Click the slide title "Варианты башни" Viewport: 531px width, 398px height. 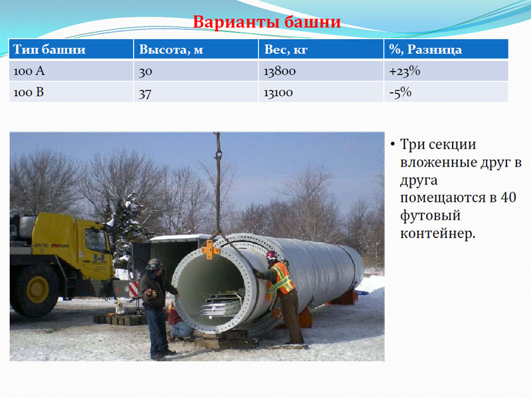pos(267,22)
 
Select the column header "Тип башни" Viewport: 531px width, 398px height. pos(49,49)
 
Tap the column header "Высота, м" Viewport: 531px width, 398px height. pos(171,50)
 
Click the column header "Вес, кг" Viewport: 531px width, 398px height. pos(285,50)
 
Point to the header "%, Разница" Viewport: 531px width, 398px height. pos(425,50)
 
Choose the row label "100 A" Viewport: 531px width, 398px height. pos(29,71)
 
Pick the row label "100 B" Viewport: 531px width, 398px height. pos(29,92)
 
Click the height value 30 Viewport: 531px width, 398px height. pos(145,72)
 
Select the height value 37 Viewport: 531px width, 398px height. pos(145,94)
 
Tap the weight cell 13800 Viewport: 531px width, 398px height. pos(279,72)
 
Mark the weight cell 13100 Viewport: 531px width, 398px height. pos(278,93)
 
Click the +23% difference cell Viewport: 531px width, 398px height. pos(405,71)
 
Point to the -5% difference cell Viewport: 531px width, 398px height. pos(400,92)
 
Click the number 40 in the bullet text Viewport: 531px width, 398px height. pos(508,197)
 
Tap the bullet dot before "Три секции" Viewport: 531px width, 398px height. pos(392,145)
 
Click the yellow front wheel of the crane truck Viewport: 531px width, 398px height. pos(37,290)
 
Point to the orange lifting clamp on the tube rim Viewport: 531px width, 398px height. pos(210,249)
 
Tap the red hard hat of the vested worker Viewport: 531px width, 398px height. pos(271,255)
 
